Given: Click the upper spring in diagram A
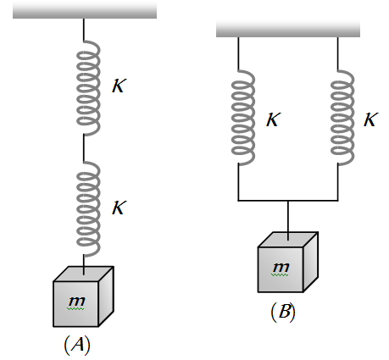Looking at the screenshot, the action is point(88,87).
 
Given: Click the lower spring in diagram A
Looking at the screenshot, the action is point(88,209).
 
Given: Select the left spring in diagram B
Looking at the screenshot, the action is point(243,117).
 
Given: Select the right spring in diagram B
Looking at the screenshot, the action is point(342,117).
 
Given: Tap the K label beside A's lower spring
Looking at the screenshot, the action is point(119,208).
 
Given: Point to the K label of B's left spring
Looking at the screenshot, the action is point(274,119).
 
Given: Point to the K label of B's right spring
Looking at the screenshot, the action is point(370,119).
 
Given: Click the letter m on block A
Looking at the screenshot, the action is point(77,302).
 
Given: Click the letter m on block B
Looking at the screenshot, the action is point(281,267).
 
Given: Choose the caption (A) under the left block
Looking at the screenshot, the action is point(77,345).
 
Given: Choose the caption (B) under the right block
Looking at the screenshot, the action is point(283,312).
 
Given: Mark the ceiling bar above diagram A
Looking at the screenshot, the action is point(85,11).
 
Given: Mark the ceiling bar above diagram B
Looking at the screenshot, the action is point(288,29).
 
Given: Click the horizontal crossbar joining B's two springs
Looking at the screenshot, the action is point(288,201).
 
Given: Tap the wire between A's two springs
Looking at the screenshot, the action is point(84,148).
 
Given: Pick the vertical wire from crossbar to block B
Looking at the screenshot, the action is point(288,220).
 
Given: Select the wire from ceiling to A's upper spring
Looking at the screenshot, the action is point(84,30).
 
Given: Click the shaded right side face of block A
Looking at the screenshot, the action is point(106,296).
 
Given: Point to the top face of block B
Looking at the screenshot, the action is point(288,240).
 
